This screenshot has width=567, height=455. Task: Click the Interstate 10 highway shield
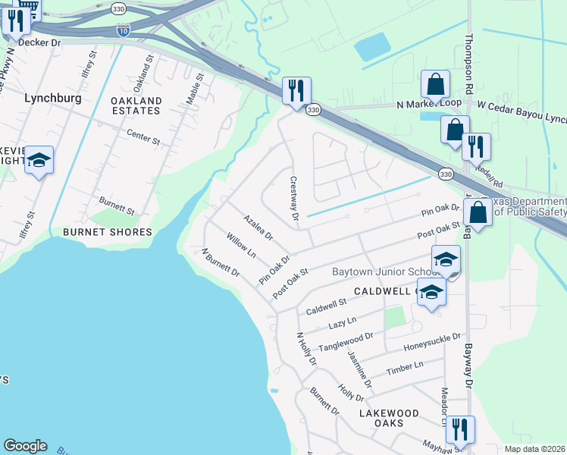tap(124, 30)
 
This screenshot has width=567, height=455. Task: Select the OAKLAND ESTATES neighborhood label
tap(136, 105)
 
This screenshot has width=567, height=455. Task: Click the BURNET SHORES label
tap(108, 231)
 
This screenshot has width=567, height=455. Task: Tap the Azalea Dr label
tap(258, 227)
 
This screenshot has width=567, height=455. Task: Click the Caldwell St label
tap(326, 307)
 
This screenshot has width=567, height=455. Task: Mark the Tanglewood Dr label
tap(346, 340)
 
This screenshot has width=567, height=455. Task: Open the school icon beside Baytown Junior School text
tap(446, 259)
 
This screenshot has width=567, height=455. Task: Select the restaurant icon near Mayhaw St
tap(459, 429)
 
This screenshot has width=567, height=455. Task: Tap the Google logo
tap(25, 446)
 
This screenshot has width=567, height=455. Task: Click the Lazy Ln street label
tap(337, 325)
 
